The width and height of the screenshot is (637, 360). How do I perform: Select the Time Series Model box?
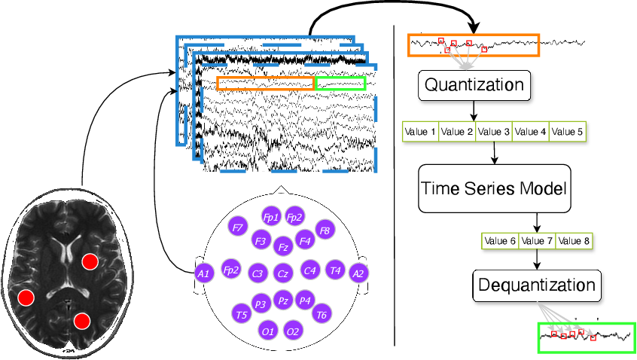click(x=493, y=188)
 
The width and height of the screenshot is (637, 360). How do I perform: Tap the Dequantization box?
click(x=537, y=285)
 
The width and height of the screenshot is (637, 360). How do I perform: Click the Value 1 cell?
click(x=420, y=132)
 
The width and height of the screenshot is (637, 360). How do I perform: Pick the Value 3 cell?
click(x=494, y=132)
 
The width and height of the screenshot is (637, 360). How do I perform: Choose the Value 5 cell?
click(x=567, y=132)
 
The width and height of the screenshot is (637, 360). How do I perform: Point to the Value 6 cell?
click(x=500, y=241)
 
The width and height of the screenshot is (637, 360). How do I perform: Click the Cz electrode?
click(x=282, y=273)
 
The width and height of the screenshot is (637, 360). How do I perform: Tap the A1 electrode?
click(x=203, y=273)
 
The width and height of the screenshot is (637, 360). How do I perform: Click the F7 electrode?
click(x=239, y=226)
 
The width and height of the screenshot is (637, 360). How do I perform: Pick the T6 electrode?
click(x=322, y=314)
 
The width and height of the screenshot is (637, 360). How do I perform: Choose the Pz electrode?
click(x=282, y=300)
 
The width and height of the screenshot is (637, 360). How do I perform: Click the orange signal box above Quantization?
click(x=474, y=45)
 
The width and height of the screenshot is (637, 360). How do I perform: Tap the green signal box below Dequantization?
click(x=587, y=337)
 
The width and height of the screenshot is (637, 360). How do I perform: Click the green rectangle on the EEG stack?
click(x=340, y=83)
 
